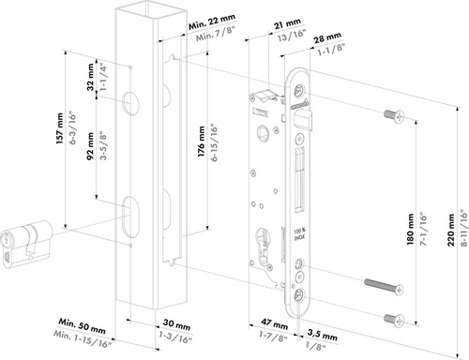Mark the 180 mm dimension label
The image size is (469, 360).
click(x=414, y=232)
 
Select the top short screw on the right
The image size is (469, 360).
click(x=392, y=116)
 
